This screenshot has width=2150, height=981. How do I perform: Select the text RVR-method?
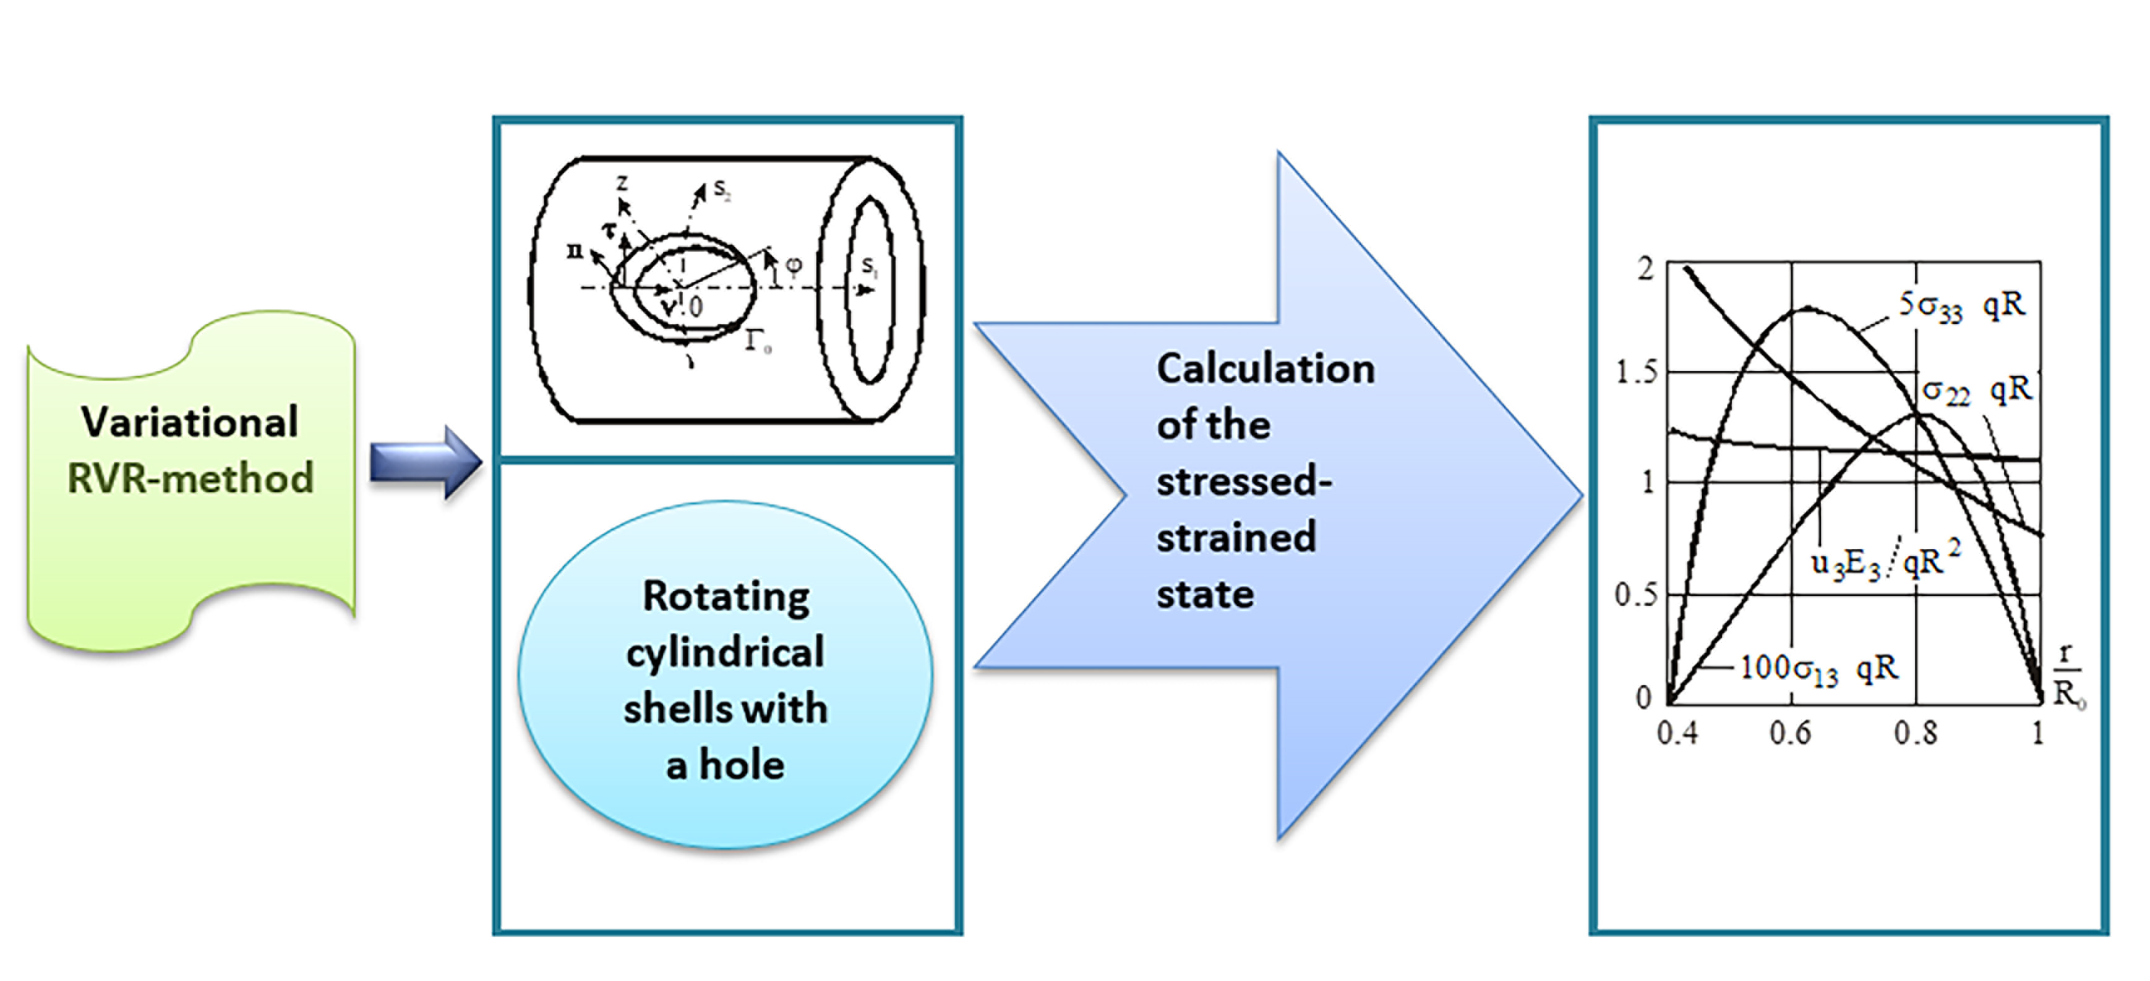[x=191, y=478]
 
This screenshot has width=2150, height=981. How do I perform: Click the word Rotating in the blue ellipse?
[x=726, y=597]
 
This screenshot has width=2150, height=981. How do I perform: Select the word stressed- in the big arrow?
[x=1244, y=482]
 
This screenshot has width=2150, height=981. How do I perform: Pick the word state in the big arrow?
[x=1204, y=594]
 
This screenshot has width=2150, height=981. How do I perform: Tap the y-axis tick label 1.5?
[x=1637, y=372]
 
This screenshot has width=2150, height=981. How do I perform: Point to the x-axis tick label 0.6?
[x=1790, y=733]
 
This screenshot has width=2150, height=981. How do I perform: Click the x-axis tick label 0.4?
[x=1677, y=733]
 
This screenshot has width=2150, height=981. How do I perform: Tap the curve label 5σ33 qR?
[x=1961, y=305]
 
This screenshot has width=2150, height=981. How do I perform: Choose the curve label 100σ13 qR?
[x=1818, y=669]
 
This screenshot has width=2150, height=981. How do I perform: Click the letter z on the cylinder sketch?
[x=622, y=182]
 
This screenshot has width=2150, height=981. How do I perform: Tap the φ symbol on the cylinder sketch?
[x=794, y=265]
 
